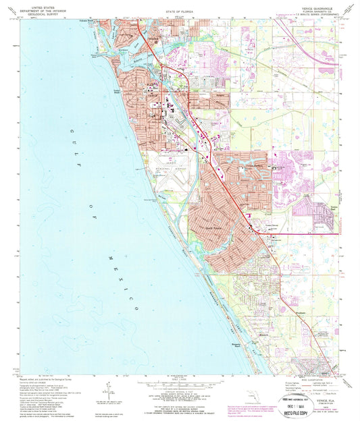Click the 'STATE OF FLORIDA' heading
click(179, 21)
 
